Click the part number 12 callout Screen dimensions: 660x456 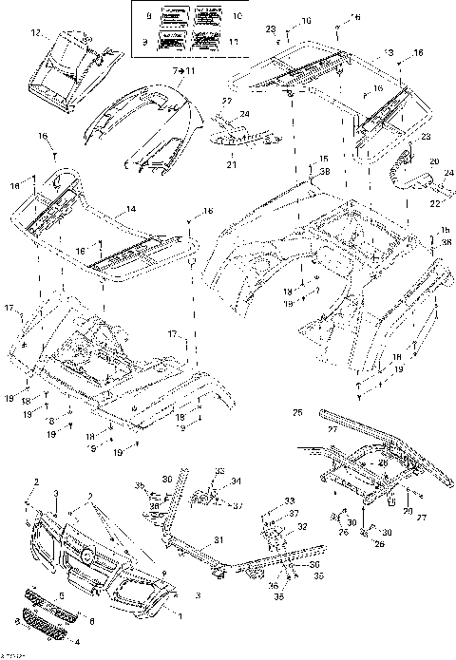pos(36,33)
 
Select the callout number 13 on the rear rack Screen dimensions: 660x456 pos(361,50)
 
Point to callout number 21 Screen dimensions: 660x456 pos(230,164)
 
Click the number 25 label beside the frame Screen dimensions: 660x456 pos(297,413)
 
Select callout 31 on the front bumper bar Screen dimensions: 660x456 pos(218,540)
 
